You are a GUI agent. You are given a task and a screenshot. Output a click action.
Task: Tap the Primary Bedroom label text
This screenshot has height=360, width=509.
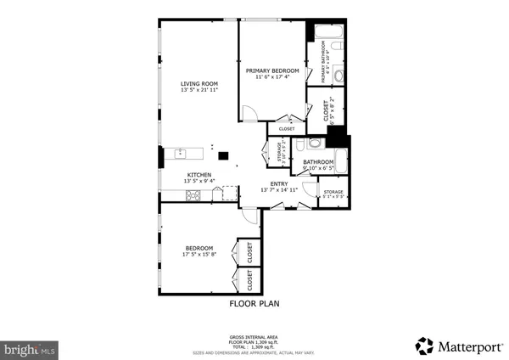(x=272, y=70)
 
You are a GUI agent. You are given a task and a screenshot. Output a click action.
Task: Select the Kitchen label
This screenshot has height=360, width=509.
(x=199, y=174)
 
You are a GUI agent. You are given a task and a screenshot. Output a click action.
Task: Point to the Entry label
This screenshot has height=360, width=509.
(x=279, y=183)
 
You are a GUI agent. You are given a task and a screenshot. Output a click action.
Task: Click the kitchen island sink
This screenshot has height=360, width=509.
(x=181, y=154)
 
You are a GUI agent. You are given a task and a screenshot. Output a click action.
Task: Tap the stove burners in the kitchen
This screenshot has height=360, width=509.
(x=193, y=196)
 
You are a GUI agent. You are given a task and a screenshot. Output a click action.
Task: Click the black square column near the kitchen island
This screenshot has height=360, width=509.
(x=223, y=155)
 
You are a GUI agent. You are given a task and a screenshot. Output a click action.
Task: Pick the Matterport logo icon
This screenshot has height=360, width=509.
(x=424, y=345)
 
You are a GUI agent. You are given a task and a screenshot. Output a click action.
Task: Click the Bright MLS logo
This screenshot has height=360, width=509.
(x=31, y=348)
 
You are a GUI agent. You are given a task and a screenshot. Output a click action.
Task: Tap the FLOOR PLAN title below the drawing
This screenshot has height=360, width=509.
(x=255, y=302)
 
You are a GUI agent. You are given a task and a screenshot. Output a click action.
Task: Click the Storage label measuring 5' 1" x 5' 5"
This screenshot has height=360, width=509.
(x=332, y=194)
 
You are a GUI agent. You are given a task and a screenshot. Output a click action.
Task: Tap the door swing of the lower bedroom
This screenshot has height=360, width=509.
(x=248, y=217)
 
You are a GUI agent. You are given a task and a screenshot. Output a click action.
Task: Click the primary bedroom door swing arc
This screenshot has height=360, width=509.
(x=248, y=113)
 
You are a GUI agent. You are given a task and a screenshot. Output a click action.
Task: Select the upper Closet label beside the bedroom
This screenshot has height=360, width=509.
(x=250, y=251)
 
